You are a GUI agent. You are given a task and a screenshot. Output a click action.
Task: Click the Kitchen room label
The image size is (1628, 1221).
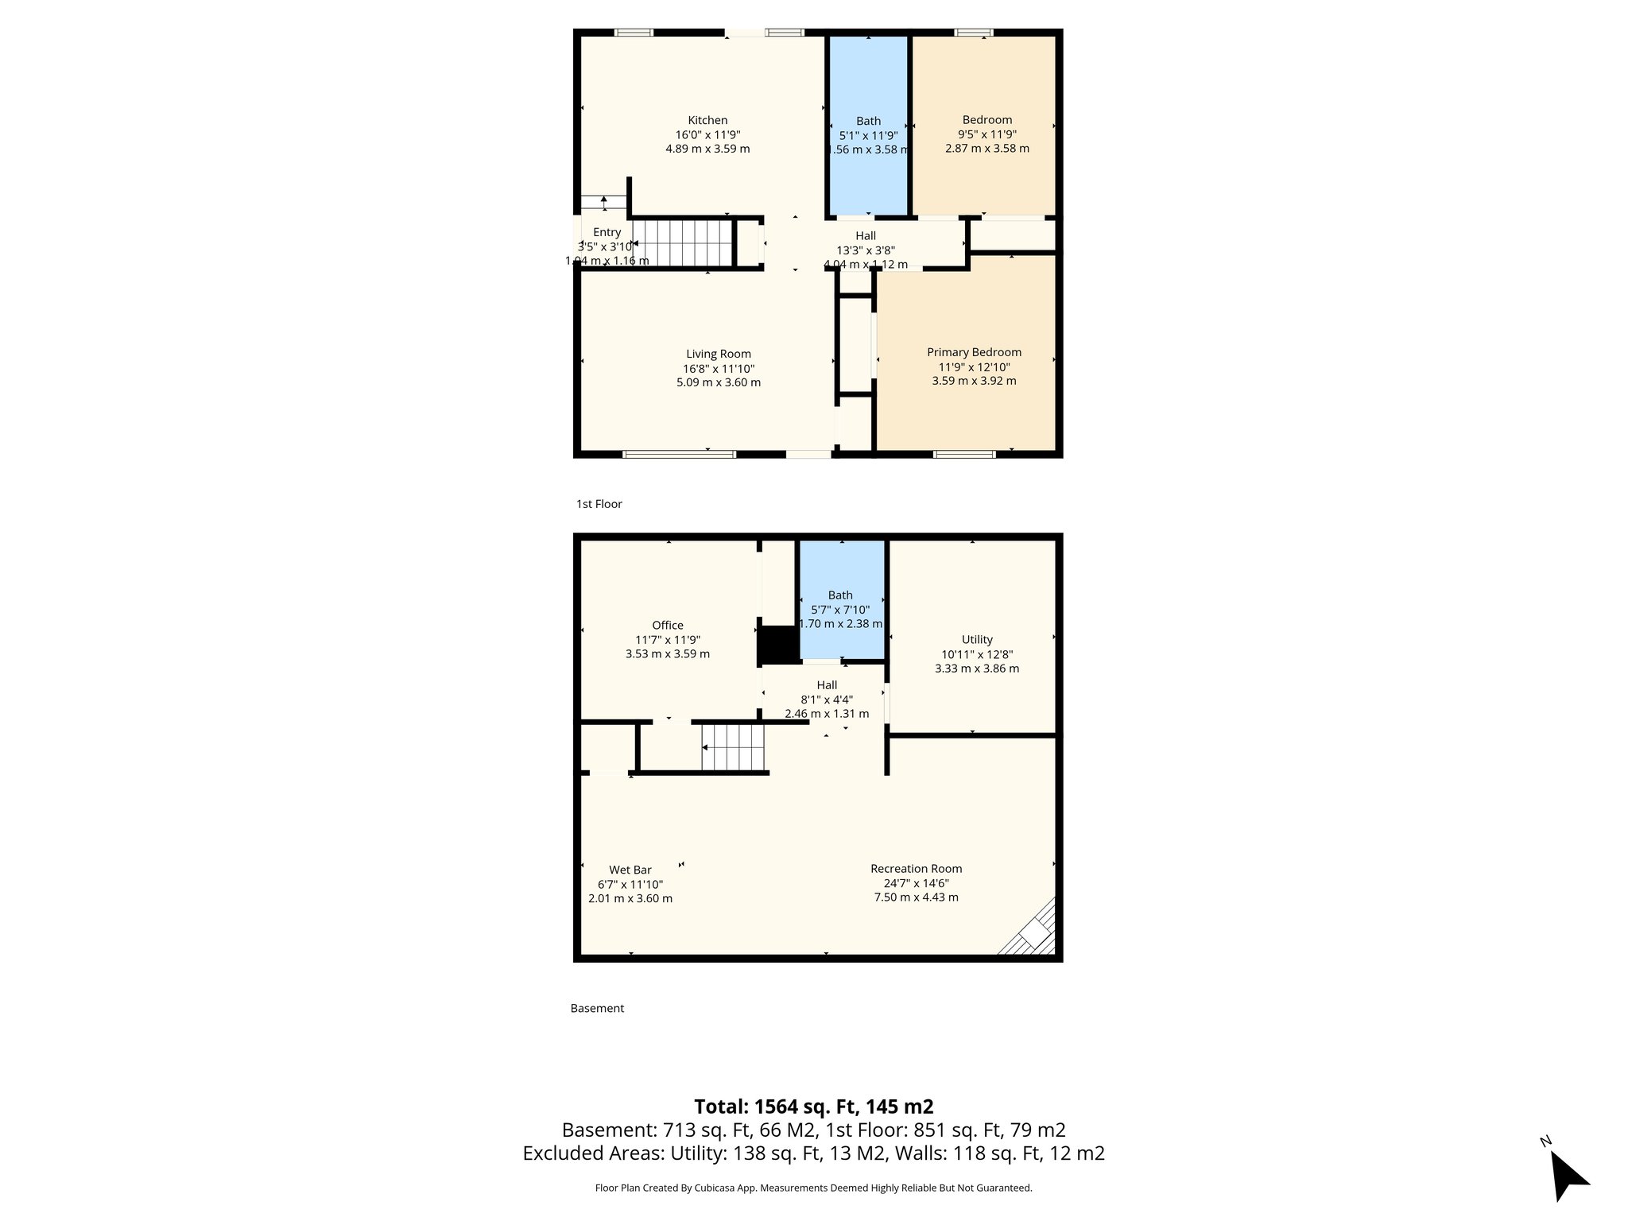(x=707, y=121)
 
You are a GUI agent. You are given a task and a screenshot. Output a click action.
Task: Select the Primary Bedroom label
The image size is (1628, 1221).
(x=974, y=352)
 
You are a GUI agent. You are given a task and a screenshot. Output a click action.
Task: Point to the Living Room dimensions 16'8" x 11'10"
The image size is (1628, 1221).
(x=719, y=369)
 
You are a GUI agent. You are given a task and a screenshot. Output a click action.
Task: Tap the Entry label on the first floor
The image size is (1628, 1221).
(x=607, y=232)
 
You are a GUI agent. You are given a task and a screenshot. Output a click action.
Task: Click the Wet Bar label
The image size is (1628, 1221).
(x=630, y=870)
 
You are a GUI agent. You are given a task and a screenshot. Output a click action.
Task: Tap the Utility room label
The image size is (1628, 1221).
(x=977, y=640)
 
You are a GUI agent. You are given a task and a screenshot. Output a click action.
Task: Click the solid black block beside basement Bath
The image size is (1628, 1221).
(x=778, y=644)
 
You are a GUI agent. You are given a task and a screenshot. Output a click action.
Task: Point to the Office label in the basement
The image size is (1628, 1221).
(x=668, y=626)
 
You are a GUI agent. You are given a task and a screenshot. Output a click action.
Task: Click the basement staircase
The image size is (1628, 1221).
(x=733, y=747)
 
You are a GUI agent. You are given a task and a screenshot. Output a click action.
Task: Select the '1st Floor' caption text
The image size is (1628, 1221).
(x=599, y=504)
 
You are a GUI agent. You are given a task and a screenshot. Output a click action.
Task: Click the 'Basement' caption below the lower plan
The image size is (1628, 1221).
(x=597, y=1008)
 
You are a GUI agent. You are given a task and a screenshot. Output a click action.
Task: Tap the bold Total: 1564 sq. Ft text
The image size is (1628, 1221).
(x=813, y=1107)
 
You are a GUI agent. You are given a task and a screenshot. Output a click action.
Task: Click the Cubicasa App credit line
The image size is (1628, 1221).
(x=813, y=1188)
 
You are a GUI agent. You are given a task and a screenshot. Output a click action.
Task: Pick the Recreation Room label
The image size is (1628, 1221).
(x=916, y=869)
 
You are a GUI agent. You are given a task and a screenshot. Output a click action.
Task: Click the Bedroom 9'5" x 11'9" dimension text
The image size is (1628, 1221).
(x=986, y=134)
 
